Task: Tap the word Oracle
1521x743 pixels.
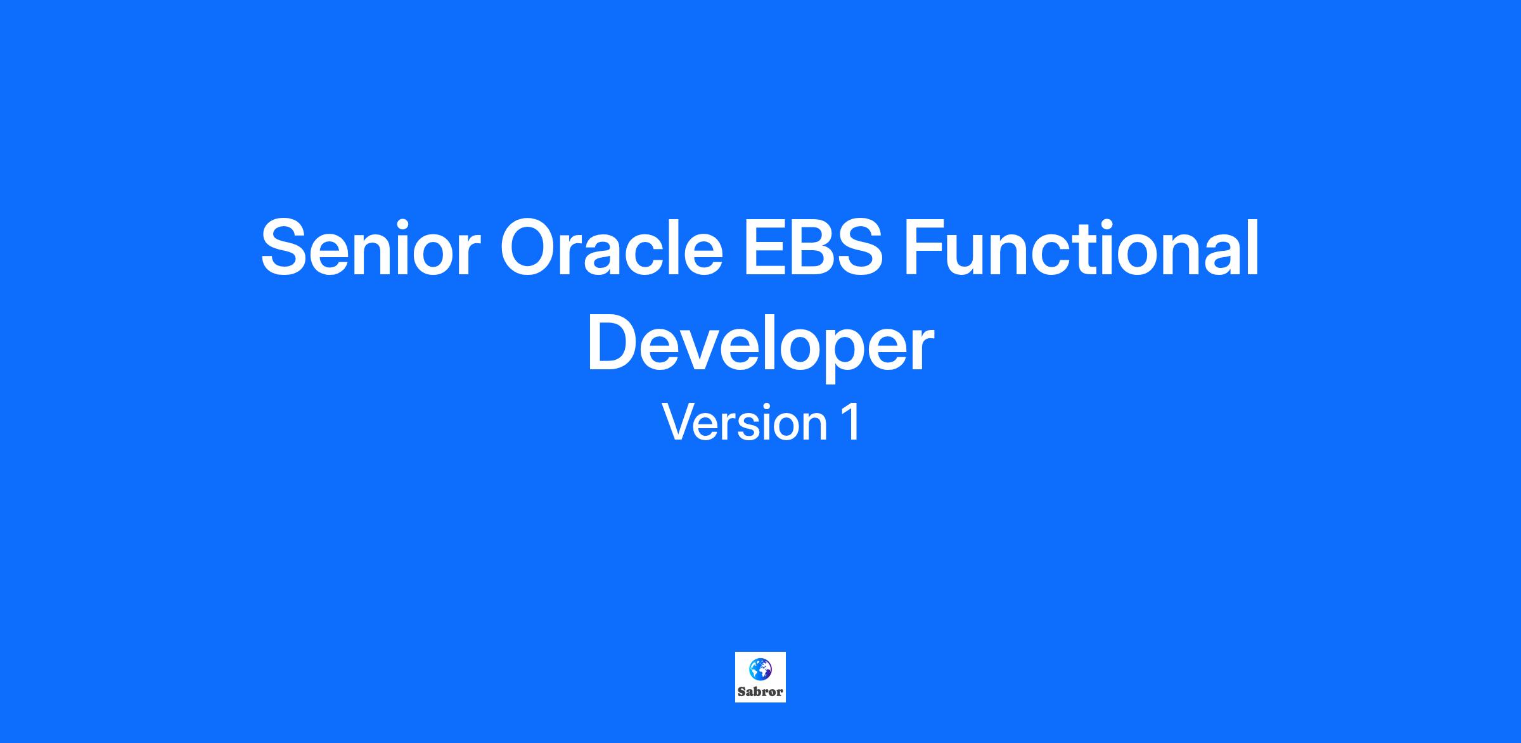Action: click(612, 248)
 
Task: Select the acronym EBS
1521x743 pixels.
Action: click(814, 248)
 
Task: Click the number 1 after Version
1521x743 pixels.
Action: click(850, 422)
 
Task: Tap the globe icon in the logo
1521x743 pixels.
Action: click(760, 669)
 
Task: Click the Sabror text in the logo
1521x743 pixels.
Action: click(760, 692)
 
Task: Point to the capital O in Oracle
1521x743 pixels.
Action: click(529, 248)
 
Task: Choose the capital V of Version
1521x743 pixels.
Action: click(680, 422)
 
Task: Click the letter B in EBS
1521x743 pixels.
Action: click(809, 248)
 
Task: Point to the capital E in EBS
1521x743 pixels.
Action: click(764, 248)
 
